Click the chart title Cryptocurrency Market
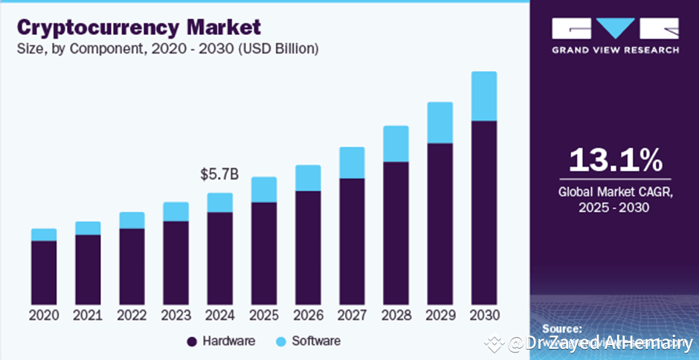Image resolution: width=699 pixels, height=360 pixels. pos(139,28)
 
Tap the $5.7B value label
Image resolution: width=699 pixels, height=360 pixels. pos(219,175)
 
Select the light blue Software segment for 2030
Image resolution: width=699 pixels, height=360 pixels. pos(484,96)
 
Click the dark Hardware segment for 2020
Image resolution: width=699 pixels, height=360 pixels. pos(44,272)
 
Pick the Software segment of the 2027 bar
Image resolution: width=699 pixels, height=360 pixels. pos(352,162)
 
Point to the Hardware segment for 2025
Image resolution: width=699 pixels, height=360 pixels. pos(264,253)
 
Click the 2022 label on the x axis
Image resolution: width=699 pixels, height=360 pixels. pos(132,315)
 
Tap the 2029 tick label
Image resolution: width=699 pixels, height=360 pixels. pos(440,315)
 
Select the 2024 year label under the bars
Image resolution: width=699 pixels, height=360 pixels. pos(219,315)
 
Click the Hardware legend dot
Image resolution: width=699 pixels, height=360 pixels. pos(192,341)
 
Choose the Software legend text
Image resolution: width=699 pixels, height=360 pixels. pos(316,341)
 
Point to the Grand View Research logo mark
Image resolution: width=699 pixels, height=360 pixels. pos(614,28)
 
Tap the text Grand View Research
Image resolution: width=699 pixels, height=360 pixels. pos(615,50)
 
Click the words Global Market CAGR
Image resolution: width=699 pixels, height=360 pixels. pos(615,193)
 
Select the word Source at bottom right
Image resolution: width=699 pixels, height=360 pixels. pos(561,328)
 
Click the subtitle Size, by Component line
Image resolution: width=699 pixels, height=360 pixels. pos(168,49)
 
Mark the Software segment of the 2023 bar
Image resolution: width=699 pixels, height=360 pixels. pos(176,211)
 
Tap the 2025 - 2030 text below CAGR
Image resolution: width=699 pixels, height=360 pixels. pos(615,208)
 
